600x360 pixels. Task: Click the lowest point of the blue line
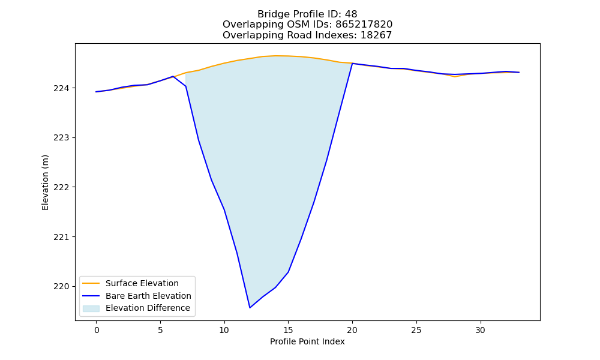pos(250,308)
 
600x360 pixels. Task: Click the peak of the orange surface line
pos(275,56)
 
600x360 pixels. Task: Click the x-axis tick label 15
pos(288,331)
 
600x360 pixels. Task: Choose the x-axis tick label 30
pos(480,331)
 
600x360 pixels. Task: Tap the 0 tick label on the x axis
pos(97,331)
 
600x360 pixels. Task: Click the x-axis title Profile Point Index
pos(307,341)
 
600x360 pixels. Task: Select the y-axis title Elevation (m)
pos(45,182)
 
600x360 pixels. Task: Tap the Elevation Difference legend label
pos(148,308)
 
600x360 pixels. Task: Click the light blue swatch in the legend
pos(91,308)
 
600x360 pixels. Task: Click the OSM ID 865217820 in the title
pos(364,25)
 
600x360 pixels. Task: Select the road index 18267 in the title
pos(376,35)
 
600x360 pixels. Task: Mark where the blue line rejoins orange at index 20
pos(352,63)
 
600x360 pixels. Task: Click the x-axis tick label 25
pos(416,331)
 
